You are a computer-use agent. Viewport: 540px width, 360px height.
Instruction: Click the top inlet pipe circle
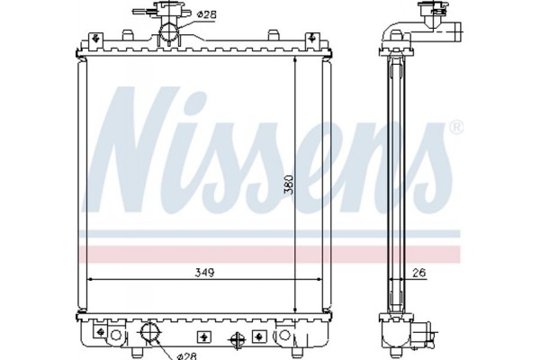pos(170,33)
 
